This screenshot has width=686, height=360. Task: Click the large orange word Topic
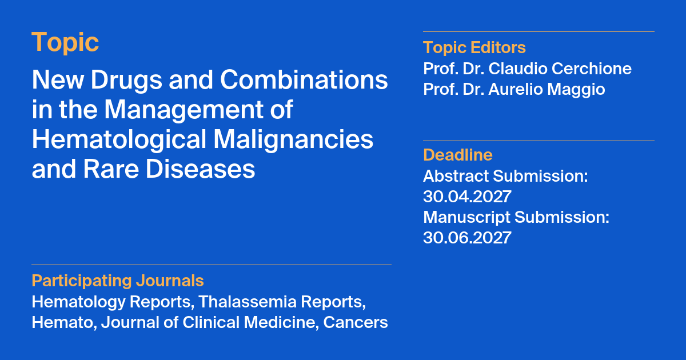65,43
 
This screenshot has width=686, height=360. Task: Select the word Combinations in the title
304,79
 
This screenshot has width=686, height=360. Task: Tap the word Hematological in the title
119,140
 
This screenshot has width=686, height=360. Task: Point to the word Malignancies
293,140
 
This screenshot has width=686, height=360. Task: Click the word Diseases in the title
200,169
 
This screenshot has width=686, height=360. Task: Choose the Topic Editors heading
474,47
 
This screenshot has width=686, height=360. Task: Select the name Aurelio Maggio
547,89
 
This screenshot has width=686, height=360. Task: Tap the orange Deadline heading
458,155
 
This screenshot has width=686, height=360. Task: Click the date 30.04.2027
468,196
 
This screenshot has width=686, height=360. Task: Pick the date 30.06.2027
468,238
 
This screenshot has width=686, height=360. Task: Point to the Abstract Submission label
505,176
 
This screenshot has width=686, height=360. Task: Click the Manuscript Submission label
516,217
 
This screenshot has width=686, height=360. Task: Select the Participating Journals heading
118,281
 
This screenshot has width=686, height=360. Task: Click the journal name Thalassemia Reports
282,302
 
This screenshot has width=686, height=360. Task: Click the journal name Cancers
356,323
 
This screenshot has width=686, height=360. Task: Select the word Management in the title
184,110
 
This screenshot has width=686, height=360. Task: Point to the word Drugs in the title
126,80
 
